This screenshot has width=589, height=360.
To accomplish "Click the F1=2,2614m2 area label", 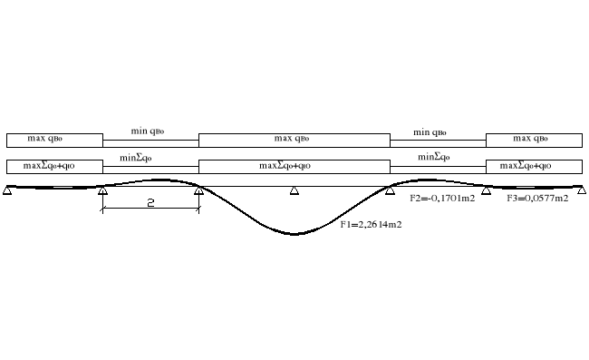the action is tap(371, 224).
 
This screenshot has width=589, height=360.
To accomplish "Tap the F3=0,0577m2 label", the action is tap(537, 199).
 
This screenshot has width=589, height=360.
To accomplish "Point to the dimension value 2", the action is tap(150, 203).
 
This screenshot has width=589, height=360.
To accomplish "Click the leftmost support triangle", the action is tap(7, 190).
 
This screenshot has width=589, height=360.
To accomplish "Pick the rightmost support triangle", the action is tap(582, 190).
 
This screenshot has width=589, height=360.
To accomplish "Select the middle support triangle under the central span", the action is tap(294, 190).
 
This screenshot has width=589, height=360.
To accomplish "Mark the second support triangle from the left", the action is tap(103, 190).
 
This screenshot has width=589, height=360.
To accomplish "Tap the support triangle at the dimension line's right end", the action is tap(198, 190).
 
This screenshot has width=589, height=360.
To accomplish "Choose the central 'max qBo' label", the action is tap(294, 140).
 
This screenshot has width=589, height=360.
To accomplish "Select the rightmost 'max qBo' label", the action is tap(533, 140).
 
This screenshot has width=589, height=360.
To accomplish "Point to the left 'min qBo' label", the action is tap(150, 132).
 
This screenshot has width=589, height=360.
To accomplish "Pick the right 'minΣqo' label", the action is tap(436, 158).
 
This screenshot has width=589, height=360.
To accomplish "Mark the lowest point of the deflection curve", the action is tap(294, 234).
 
